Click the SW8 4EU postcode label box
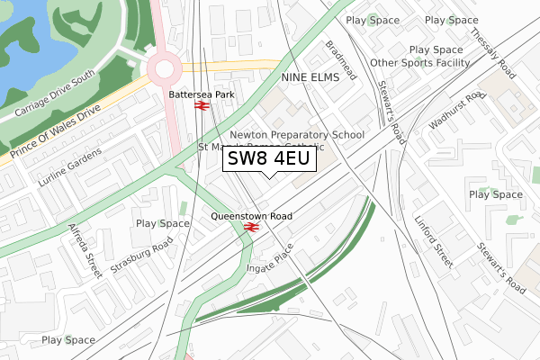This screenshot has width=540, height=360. coord(268,159)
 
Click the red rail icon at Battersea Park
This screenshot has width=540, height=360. coord(201,106)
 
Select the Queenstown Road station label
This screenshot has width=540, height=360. coord(251,216)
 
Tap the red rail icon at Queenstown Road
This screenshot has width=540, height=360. coord(251,229)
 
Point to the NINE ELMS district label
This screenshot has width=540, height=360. coord(310,77)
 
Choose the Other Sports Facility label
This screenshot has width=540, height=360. coord(419,63)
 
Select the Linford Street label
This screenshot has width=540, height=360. coord(433,240)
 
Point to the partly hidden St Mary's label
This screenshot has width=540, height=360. coord(221,146)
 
